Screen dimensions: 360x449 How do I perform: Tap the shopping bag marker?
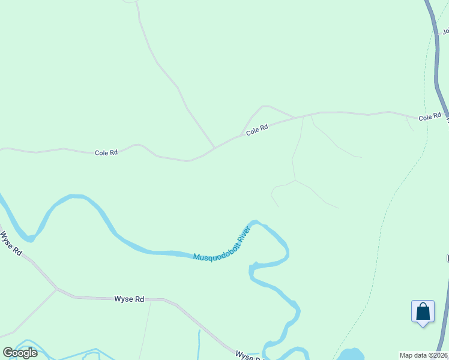(423, 311)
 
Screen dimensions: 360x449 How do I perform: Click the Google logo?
(20, 353)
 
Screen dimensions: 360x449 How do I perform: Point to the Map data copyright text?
(424, 355)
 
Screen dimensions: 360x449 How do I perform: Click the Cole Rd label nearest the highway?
(430, 117)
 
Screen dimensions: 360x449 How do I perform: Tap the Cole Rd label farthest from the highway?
(106, 153)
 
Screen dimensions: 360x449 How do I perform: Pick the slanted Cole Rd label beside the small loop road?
(256, 129)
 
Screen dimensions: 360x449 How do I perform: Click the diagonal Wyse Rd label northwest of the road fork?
(10, 244)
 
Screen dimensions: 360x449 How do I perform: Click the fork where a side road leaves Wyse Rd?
(56, 289)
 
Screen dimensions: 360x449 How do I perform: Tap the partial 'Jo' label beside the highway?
(445, 31)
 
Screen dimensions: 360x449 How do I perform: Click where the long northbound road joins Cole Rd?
(215, 147)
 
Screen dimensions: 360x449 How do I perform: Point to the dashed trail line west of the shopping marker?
(379, 252)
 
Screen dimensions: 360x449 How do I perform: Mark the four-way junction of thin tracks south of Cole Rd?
(295, 180)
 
